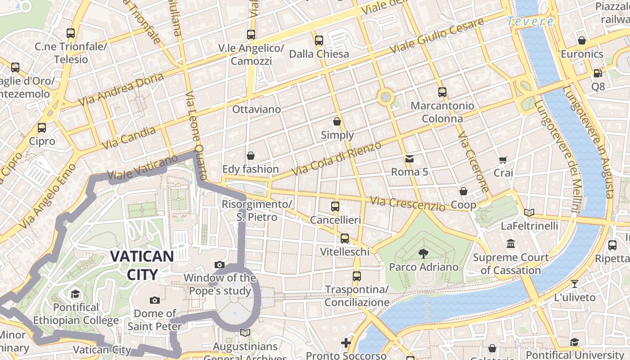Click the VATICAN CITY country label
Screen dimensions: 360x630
click(x=142, y=265)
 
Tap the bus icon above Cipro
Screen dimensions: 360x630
click(x=42, y=128)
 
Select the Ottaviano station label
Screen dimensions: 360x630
click(x=256, y=109)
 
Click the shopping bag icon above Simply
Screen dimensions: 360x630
click(x=337, y=121)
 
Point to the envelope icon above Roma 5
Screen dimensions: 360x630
click(x=409, y=158)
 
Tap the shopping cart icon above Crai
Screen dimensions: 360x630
click(x=503, y=160)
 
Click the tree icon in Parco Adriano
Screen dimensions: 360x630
click(x=423, y=253)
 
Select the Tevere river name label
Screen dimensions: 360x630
click(x=530, y=21)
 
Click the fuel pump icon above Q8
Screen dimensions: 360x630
click(x=598, y=73)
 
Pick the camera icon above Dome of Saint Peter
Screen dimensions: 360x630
click(x=155, y=300)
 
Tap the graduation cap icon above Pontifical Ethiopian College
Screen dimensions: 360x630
click(x=75, y=294)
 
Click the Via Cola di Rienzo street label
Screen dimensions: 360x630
click(x=337, y=158)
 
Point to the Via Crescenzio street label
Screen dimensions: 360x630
click(x=407, y=203)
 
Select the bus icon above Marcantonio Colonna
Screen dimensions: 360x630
click(x=442, y=92)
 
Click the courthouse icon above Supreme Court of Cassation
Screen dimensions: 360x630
click(x=511, y=244)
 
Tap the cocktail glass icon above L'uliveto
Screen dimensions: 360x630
click(x=575, y=284)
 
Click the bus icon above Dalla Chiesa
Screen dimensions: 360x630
click(x=319, y=40)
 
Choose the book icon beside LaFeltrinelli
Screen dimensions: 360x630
click(x=529, y=212)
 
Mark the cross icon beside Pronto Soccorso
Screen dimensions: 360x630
click(x=346, y=343)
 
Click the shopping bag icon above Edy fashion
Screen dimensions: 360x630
click(x=251, y=156)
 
